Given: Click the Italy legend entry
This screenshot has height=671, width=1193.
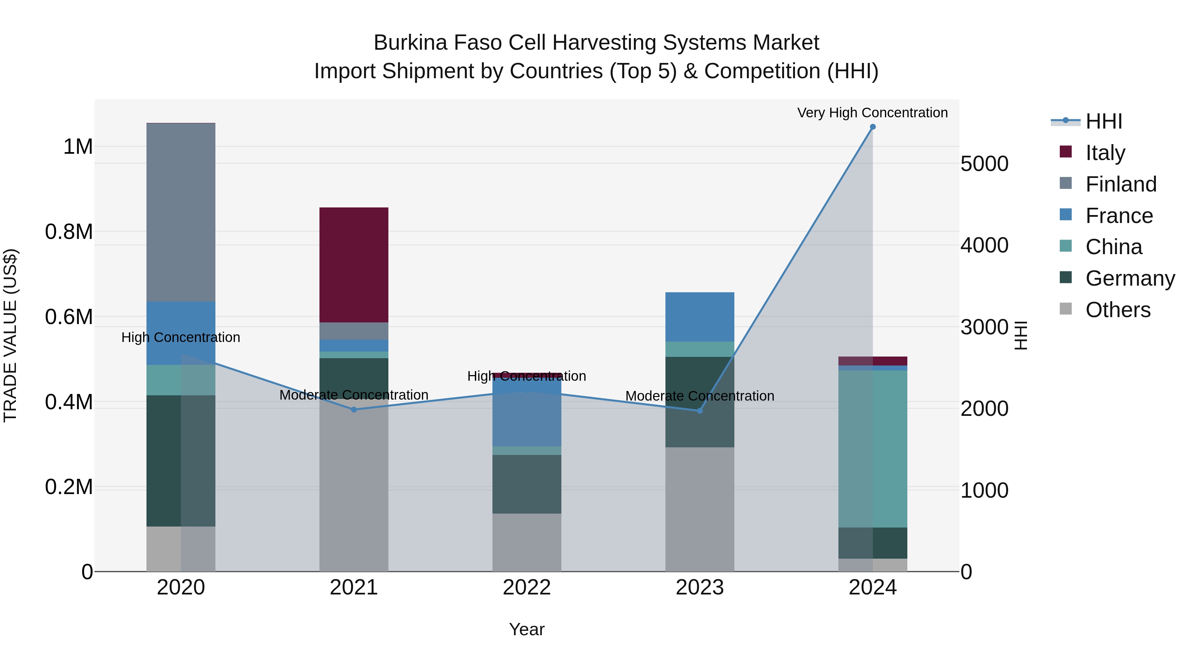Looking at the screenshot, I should [x=1105, y=153].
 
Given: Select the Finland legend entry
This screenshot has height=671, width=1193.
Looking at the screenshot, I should [x=1120, y=184].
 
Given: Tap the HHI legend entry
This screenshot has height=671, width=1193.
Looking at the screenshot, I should [x=1103, y=121].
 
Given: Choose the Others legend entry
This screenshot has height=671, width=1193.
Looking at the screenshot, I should [x=1117, y=310].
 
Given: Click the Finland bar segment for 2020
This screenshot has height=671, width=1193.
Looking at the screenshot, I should [x=181, y=212].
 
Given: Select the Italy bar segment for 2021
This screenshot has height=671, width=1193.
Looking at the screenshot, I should [x=354, y=265].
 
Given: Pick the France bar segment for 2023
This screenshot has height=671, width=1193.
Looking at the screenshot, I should [x=699, y=317].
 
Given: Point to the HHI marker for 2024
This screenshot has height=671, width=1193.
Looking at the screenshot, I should [x=873, y=127].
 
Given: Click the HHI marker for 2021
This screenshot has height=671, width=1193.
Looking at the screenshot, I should [x=354, y=409].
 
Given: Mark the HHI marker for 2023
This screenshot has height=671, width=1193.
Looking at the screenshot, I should [x=699, y=411].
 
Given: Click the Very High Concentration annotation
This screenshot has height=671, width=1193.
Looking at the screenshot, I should [x=872, y=113].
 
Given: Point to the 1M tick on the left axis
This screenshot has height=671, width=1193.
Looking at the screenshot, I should [x=78, y=147].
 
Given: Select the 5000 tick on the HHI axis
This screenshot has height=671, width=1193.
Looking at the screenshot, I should [x=984, y=164].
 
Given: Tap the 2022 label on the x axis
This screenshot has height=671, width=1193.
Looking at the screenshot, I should [x=527, y=587].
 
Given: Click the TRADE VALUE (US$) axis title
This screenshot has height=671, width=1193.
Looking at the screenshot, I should [x=11, y=335].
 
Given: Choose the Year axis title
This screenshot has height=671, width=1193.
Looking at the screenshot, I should [x=527, y=629].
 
